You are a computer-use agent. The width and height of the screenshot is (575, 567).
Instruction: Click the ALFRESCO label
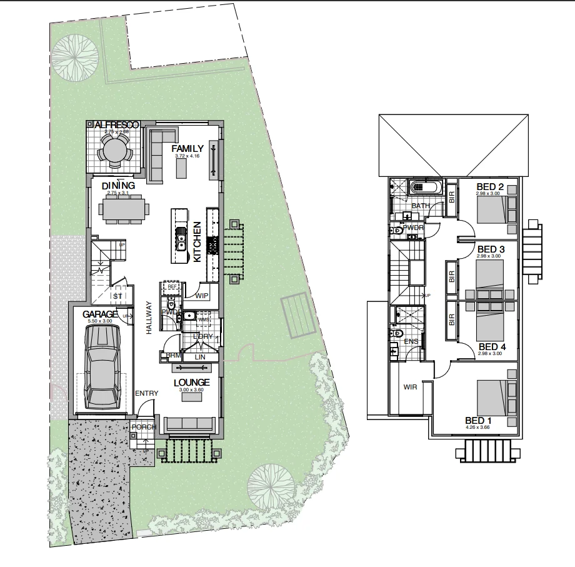(x=113, y=125)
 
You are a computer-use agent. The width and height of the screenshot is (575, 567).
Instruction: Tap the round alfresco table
(x=114, y=151)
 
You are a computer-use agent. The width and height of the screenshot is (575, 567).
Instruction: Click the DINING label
(x=118, y=186)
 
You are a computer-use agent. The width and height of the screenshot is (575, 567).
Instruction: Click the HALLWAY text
(x=149, y=319)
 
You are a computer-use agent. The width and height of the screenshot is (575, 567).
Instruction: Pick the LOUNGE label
(x=191, y=382)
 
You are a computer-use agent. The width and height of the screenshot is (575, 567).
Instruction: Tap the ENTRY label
(x=147, y=393)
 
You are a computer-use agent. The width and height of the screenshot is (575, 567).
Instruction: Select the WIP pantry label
(x=202, y=296)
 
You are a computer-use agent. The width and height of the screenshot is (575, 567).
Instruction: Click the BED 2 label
(x=490, y=186)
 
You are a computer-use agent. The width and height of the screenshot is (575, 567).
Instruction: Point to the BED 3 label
(x=490, y=249)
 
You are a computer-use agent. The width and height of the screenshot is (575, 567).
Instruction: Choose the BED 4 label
(x=488, y=346)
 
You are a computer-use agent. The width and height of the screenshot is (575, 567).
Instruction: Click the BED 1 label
(x=478, y=420)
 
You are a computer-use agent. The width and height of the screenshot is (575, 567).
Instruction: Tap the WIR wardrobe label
(x=410, y=387)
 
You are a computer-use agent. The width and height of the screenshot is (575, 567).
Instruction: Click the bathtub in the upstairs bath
(x=425, y=187)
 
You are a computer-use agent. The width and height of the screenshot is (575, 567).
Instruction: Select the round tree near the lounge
(x=271, y=484)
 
